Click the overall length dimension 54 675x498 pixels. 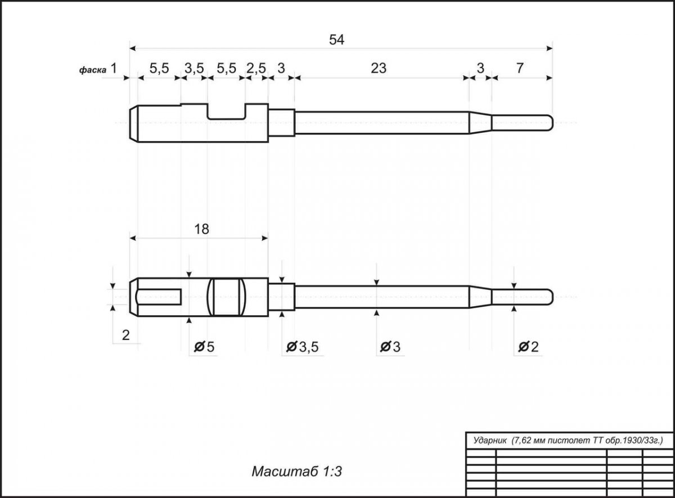[336, 40]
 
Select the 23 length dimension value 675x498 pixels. [379, 69]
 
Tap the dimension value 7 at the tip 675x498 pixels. [520, 68]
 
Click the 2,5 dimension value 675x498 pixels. [256, 69]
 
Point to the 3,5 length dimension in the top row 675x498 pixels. [194, 69]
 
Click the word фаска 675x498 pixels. [93, 70]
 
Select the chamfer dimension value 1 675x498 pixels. [114, 69]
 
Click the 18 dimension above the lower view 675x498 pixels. [201, 230]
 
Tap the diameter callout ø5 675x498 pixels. [204, 347]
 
